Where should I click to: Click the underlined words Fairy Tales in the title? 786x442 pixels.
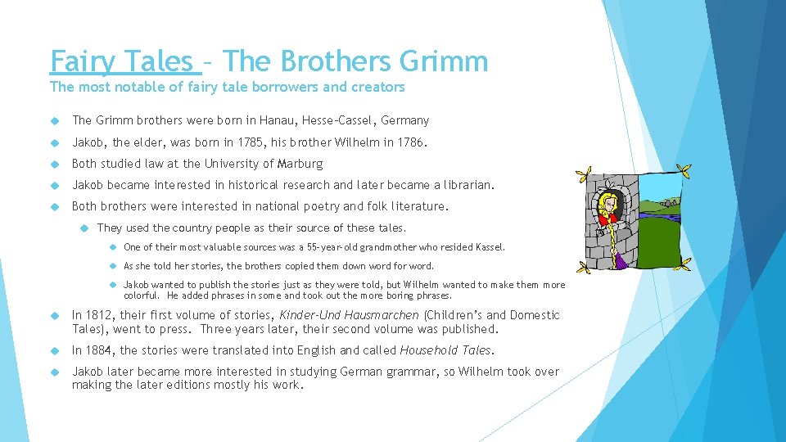pos(122,61)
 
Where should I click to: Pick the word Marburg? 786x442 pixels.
pos(300,164)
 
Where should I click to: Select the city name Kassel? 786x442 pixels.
pos(490,247)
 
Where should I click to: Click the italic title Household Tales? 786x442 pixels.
pos(445,350)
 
